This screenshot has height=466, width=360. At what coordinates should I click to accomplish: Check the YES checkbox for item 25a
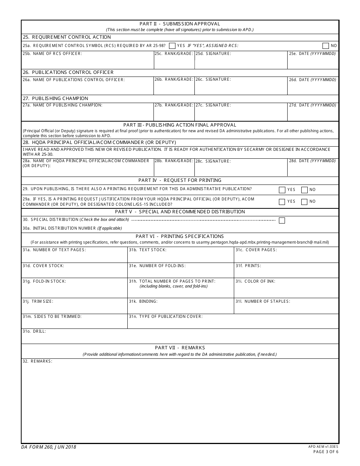172,46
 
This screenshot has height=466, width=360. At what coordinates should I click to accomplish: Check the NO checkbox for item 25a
326,46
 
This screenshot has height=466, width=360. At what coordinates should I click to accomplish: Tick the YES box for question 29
282,190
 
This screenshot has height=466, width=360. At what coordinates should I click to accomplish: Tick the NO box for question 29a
304,202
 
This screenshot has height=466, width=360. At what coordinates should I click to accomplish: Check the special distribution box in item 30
282,220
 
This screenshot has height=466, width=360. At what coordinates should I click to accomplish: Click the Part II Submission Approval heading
180,24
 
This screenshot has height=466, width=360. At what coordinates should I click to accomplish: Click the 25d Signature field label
213,54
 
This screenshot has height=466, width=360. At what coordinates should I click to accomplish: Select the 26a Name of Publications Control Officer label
74,80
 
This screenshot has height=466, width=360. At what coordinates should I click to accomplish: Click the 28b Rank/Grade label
174,161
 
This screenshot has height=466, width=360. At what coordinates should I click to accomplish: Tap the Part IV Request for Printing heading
180,180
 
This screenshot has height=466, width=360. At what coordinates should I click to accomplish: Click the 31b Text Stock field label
148,250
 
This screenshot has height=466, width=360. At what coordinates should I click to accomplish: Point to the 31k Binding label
143,302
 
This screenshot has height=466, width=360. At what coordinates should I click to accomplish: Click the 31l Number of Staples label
263,302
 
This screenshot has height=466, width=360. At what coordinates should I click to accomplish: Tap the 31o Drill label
34,332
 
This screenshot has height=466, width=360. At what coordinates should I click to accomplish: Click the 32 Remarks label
38,361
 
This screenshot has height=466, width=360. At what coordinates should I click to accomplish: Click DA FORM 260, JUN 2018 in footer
49,447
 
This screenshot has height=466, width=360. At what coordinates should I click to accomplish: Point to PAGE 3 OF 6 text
326,452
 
